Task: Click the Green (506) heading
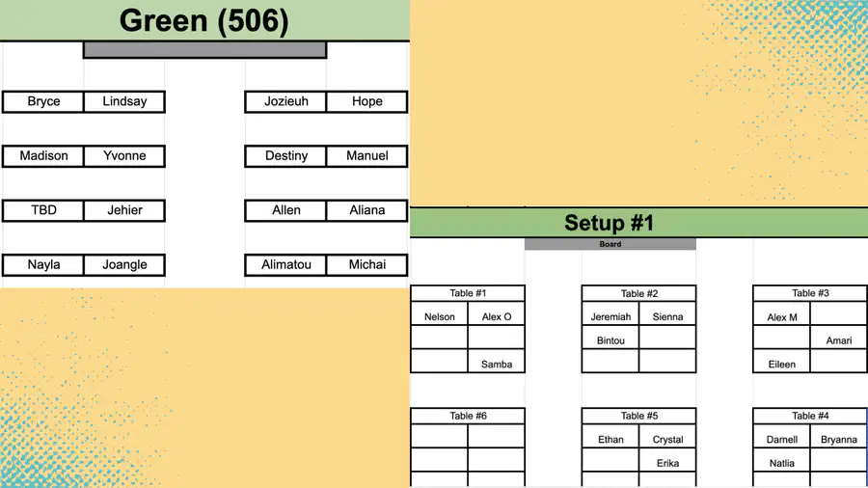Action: point(203,21)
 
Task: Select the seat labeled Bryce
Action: point(43,102)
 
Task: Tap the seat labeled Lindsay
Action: point(124,102)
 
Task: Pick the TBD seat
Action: point(43,211)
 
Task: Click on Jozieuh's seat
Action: point(285,102)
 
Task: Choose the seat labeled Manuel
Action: point(367,156)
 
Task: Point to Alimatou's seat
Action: point(285,265)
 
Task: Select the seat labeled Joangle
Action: point(124,265)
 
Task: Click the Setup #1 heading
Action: point(609,223)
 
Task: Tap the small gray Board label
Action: point(610,244)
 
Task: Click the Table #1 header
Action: point(468,293)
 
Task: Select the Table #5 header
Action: point(638,416)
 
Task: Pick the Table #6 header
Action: point(468,416)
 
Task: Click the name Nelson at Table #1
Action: point(440,317)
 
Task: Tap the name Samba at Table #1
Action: point(497,365)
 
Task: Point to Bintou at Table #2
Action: point(610,340)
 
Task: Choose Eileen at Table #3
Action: point(781,365)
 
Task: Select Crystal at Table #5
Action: point(667,440)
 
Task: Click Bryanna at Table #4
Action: point(839,440)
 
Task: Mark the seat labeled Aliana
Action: point(367,211)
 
